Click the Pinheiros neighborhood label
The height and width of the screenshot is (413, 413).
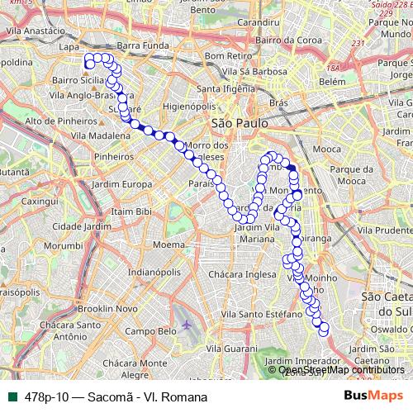(x=114, y=155)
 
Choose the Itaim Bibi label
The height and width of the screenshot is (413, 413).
(x=132, y=211)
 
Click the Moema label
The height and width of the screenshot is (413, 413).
(x=169, y=244)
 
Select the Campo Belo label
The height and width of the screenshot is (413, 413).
(x=152, y=331)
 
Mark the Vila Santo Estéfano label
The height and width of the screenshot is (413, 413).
(x=268, y=314)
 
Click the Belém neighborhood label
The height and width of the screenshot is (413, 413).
(x=331, y=82)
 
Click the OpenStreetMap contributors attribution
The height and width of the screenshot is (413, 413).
(x=341, y=369)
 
